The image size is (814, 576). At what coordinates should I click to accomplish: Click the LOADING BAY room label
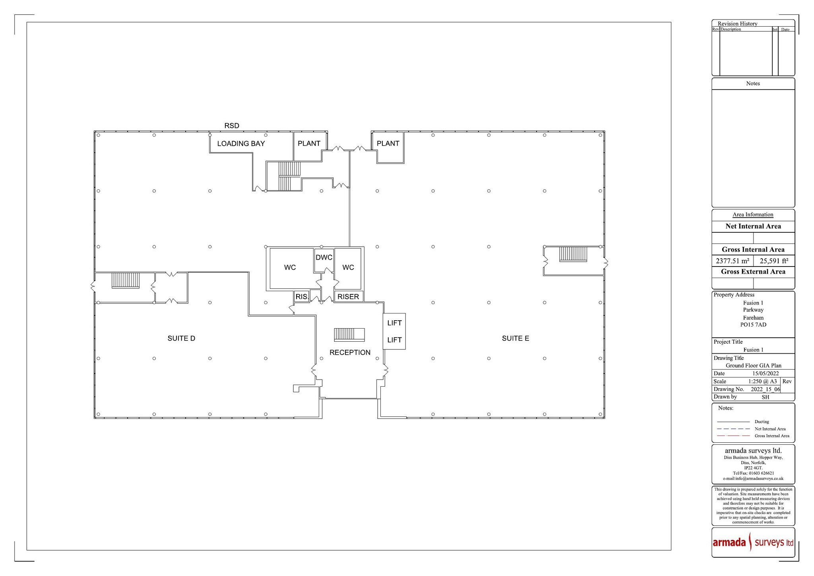pos(241,144)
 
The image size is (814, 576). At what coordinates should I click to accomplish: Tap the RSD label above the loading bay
pos(232,126)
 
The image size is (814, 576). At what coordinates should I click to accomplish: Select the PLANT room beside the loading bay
pos(309,144)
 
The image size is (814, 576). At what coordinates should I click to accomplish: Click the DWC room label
pos(324,257)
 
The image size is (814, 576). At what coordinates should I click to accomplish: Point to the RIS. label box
pos(302,296)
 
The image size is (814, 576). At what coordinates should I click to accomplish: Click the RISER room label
pos(348,296)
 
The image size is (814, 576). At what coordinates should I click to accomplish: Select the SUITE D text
pos(181,339)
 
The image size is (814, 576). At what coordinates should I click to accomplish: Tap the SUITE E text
pos(515,339)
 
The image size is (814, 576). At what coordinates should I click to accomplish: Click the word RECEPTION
pos(350,352)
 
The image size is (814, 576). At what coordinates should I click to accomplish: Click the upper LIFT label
pos(394,323)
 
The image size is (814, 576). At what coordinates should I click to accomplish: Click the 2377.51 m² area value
pos(732,261)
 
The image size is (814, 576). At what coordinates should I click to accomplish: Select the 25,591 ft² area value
pos(774,261)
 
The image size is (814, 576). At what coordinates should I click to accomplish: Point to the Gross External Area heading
pos(753,272)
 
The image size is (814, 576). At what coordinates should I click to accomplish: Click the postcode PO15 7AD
pos(753,325)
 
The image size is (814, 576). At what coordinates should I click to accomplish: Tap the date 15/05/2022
pos(765,374)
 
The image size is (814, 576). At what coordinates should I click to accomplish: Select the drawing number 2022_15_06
pos(765,389)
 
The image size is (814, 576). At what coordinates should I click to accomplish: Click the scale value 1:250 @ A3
pos(762,381)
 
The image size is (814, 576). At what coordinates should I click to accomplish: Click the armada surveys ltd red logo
pos(753,543)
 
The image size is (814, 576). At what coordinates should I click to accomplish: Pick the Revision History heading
pos(737,24)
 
